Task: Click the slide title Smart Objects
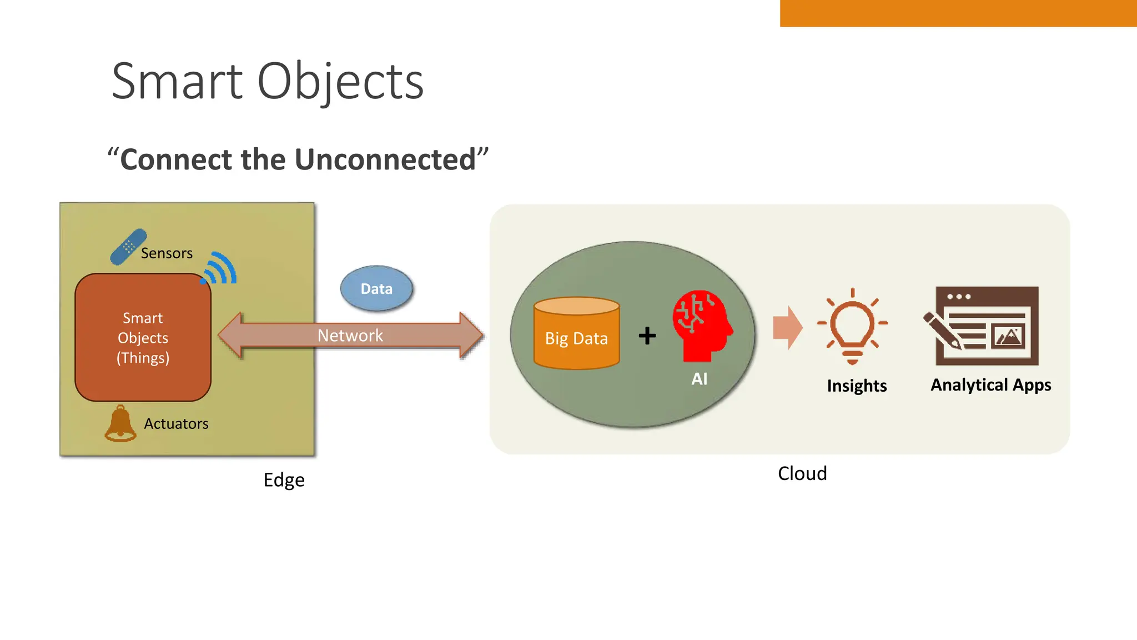pos(268,82)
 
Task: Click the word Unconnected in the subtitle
pos(385,160)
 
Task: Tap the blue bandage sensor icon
pos(128,247)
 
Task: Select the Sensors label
pos(167,253)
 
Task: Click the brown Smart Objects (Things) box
pos(143,337)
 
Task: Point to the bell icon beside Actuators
pos(120,424)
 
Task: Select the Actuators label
pos(176,424)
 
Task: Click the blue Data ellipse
pos(376,289)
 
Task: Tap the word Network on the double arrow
pos(350,336)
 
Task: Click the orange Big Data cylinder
pos(576,334)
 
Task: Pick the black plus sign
pos(647,336)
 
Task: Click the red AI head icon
pos(702,326)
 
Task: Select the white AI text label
pos(699,379)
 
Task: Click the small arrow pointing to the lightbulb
pos(787,327)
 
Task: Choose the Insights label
pos(857,386)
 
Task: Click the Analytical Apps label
pos(990,385)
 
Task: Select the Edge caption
pos(284,480)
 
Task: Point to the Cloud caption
pos(802,473)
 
